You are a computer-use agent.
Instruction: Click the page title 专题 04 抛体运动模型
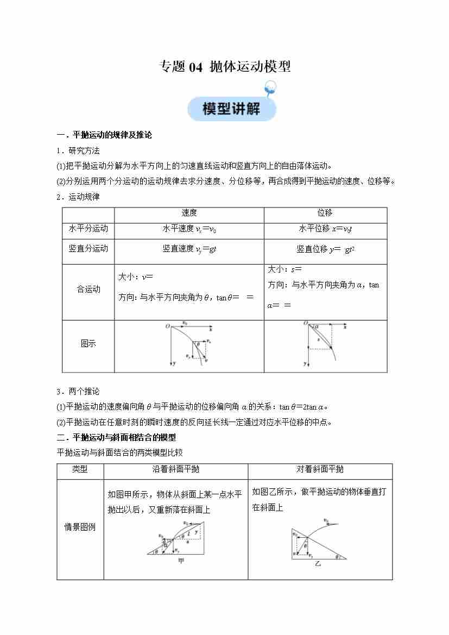(x=225, y=67)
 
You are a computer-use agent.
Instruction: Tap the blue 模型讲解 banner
(x=232, y=108)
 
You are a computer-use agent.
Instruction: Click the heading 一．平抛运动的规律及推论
(x=105, y=135)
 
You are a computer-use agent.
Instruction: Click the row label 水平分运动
(x=88, y=229)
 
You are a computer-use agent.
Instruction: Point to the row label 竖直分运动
(x=88, y=249)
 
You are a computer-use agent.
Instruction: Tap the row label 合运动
(x=88, y=290)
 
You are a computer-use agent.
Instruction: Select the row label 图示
(x=88, y=344)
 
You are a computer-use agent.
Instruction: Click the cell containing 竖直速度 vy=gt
(x=189, y=249)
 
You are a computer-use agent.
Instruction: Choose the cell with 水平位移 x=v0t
(x=326, y=229)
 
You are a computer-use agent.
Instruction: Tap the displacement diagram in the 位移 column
(x=325, y=344)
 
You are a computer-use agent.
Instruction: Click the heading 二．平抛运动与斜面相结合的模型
(x=117, y=437)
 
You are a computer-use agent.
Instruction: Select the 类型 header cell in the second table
(x=80, y=469)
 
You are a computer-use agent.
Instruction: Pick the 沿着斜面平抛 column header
(x=175, y=469)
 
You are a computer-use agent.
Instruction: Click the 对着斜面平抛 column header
(x=320, y=469)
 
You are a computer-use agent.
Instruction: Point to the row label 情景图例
(x=80, y=527)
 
